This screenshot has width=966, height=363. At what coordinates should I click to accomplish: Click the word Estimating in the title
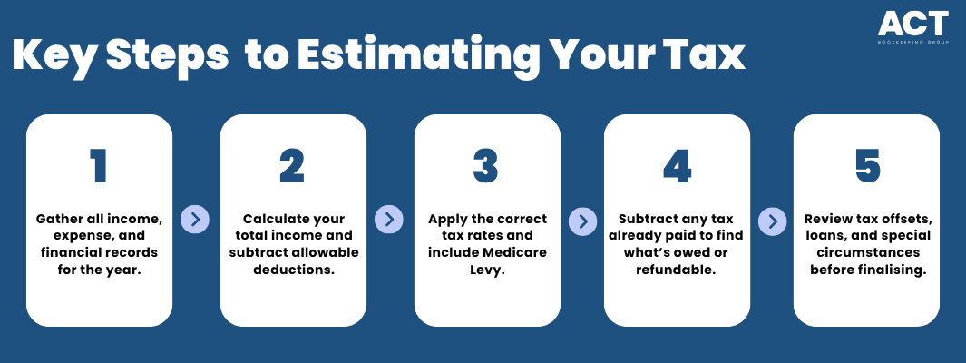tap(418, 55)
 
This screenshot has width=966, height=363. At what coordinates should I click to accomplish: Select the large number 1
tap(99, 166)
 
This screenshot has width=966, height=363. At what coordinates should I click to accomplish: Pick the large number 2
tap(293, 166)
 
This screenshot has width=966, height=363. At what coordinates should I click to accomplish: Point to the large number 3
tap(487, 166)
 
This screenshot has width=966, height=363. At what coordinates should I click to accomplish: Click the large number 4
tap(677, 166)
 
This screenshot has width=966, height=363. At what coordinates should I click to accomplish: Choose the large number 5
tap(867, 166)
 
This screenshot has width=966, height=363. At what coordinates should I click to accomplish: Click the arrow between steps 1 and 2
tap(195, 220)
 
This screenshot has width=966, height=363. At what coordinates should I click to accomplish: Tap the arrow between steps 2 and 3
tap(389, 220)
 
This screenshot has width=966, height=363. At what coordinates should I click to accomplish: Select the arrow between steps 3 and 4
tap(582, 220)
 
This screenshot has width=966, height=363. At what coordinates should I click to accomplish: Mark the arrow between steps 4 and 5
tap(772, 220)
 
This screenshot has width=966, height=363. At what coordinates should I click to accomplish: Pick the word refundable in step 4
tap(677, 270)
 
